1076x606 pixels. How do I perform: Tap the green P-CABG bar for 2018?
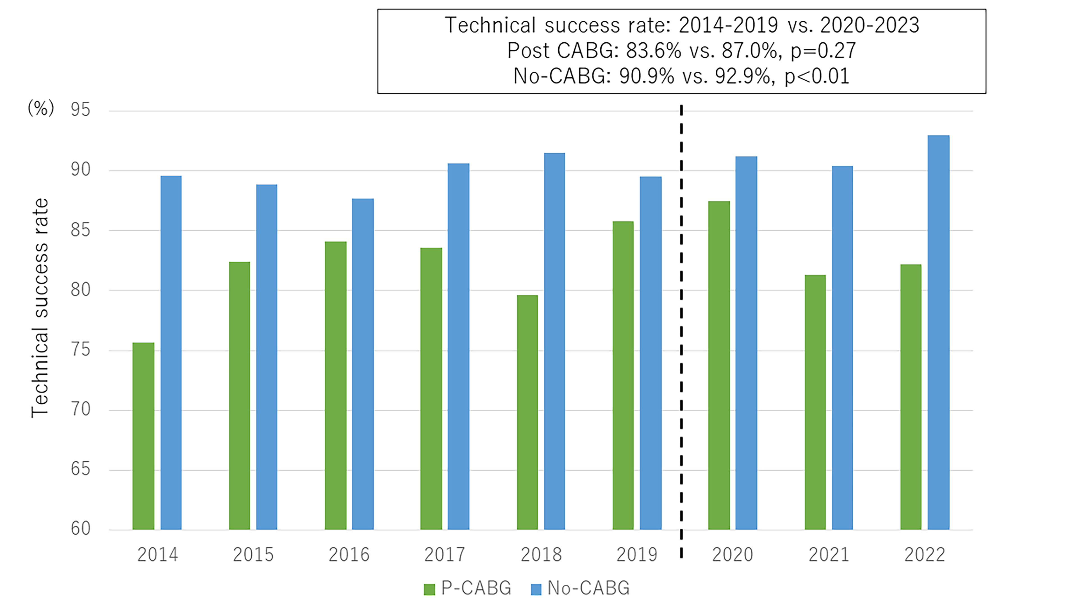527,412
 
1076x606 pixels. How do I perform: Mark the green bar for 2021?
815,402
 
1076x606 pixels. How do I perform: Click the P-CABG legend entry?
468,588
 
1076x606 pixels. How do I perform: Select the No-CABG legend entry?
580,588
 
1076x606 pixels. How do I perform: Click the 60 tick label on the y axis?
81,529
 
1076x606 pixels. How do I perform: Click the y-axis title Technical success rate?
40,308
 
